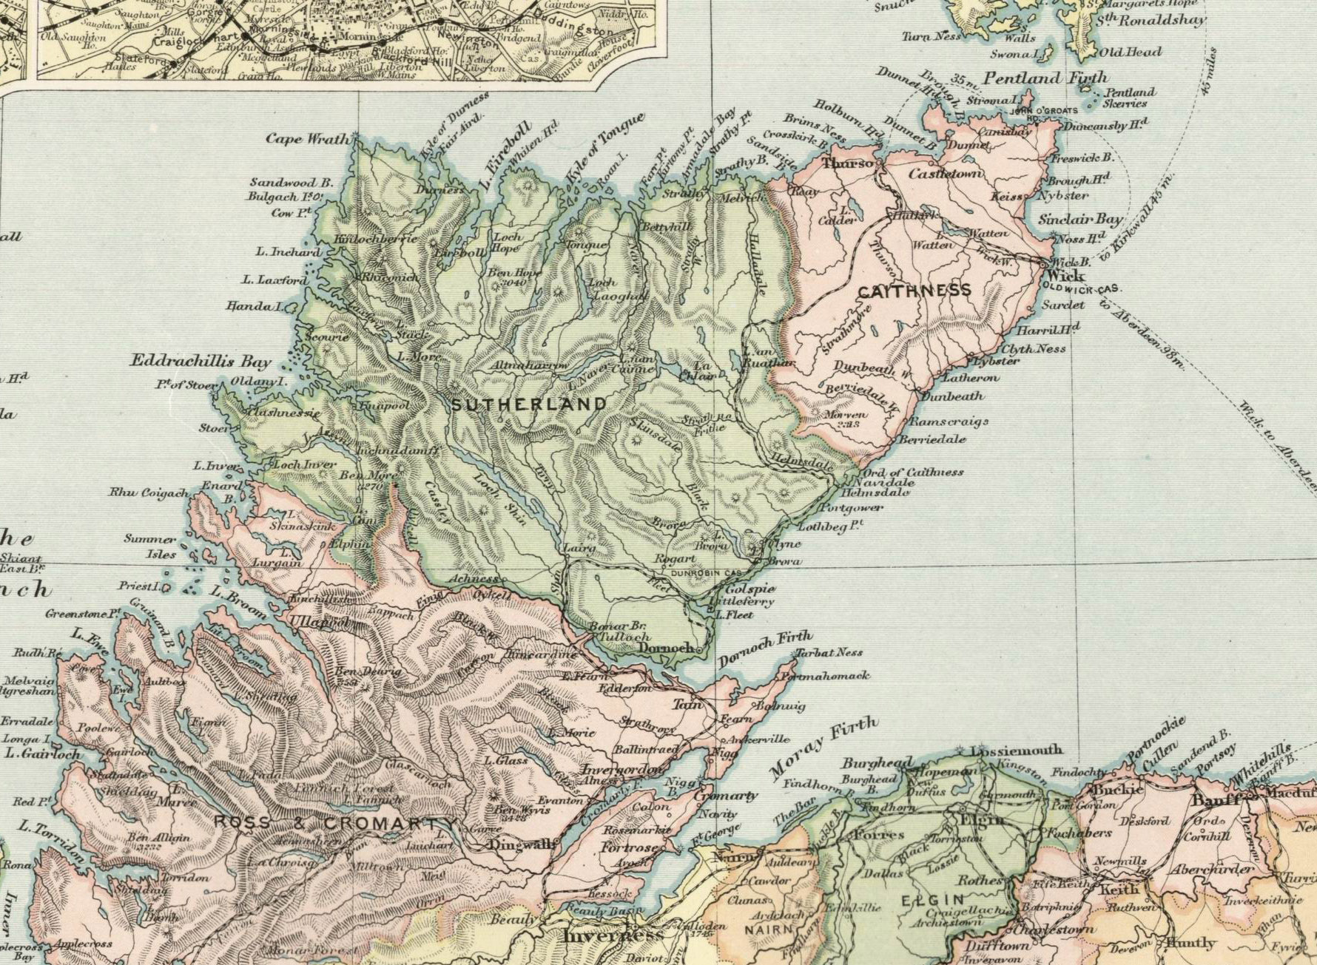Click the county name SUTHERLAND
[528, 404]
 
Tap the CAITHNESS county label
[915, 291]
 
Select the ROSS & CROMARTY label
[335, 824]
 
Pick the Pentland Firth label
[1045, 78]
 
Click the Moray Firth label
[823, 748]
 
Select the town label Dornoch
[666, 649]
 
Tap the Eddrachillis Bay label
[201, 362]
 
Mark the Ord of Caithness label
[913, 472]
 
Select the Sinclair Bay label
[1080, 219]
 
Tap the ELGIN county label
[933, 901]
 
